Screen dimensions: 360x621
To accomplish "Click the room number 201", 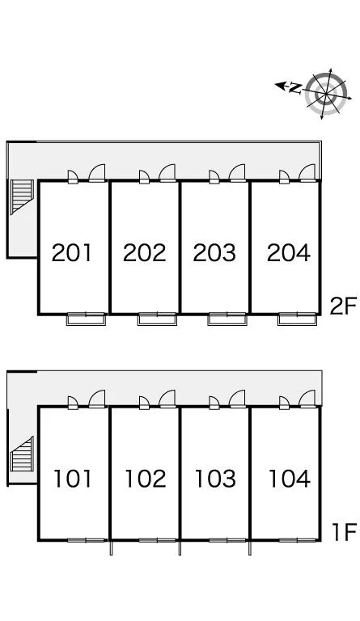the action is pyautogui.click(x=72, y=252).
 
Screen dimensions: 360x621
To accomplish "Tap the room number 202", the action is pyautogui.click(x=144, y=252).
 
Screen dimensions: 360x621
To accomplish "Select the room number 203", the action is pyautogui.click(x=214, y=252).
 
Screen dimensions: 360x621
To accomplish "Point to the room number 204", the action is pyautogui.click(x=288, y=252).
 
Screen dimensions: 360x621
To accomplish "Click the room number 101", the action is pyautogui.click(x=73, y=479).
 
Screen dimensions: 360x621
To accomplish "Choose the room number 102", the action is pyautogui.click(x=145, y=479).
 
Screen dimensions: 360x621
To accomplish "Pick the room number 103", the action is pyautogui.click(x=215, y=479).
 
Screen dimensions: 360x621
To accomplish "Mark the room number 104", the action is pyautogui.click(x=289, y=479).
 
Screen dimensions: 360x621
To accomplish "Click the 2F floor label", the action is pyautogui.click(x=343, y=306).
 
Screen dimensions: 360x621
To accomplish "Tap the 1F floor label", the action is pyautogui.click(x=344, y=532).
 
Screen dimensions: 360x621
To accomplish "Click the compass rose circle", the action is pyautogui.click(x=327, y=94).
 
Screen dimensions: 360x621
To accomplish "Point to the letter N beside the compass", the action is pyautogui.click(x=295, y=87).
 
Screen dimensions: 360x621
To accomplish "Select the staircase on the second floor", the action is pyautogui.click(x=22, y=196).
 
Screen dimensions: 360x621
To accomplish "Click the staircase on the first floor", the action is pyautogui.click(x=22, y=454).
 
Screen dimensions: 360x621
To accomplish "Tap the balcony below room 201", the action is pyautogui.click(x=87, y=319).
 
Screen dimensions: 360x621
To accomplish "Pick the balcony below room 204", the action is pyautogui.click(x=298, y=319).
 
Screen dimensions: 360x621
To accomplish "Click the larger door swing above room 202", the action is pyautogui.click(x=167, y=173).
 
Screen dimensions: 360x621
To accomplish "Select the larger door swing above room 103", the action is pyautogui.click(x=238, y=399).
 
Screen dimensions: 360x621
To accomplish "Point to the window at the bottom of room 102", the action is pyautogui.click(x=157, y=540).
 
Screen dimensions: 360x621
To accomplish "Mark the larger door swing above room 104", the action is pyautogui.click(x=307, y=399).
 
